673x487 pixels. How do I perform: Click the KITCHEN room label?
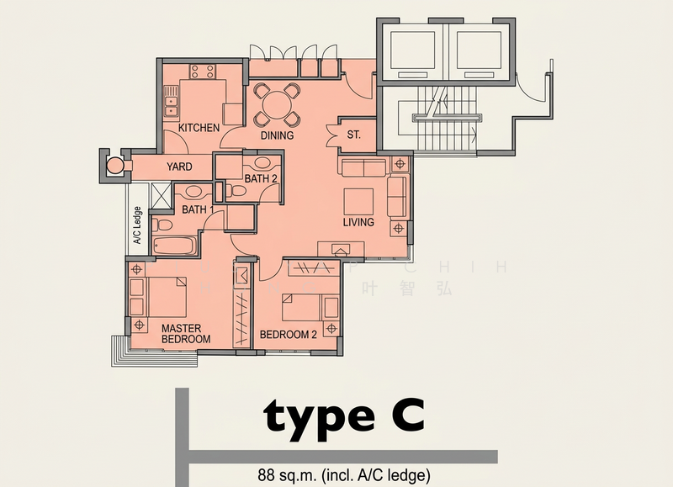(x=199, y=128)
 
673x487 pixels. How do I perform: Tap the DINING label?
(x=277, y=135)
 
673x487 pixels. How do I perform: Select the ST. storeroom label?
(x=353, y=135)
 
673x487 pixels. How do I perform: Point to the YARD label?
(x=180, y=167)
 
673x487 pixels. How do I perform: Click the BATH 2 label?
(x=261, y=179)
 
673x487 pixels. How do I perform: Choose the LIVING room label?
(x=358, y=223)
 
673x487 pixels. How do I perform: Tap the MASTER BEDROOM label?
(x=185, y=333)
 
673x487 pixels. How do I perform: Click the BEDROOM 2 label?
(x=288, y=335)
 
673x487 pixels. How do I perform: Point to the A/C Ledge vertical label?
(x=137, y=225)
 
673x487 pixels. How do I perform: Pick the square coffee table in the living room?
(x=358, y=201)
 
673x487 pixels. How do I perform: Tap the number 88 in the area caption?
(x=268, y=473)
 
